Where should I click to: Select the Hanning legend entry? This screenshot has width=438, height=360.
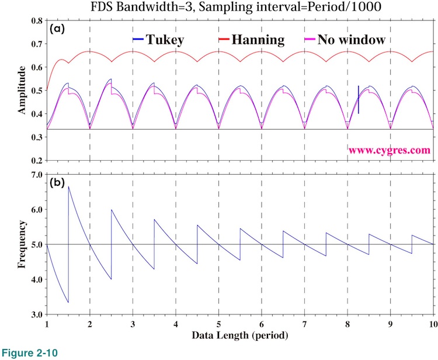pos(252,40)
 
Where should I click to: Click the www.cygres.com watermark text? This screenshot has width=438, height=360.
pos(390,150)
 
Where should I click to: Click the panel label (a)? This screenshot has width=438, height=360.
pos(58,28)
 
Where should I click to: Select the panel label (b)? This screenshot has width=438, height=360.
pos(58,182)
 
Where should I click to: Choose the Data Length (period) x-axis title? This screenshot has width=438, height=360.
pos(240,336)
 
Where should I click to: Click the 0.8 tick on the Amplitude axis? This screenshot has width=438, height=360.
pos(36,20)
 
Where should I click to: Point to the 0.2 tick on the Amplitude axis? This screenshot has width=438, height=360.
pos(36,160)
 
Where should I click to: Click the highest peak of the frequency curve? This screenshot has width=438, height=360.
pos(69,186)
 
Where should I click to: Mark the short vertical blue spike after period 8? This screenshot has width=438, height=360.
pos(359,99)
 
